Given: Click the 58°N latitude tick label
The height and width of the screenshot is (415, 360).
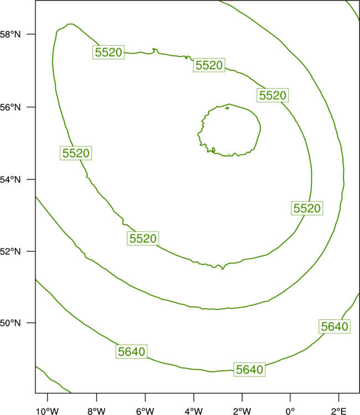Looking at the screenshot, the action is [10, 34].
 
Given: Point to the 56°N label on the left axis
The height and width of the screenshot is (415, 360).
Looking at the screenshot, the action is [10, 107].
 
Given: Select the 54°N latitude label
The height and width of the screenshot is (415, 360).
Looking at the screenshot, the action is [10, 180].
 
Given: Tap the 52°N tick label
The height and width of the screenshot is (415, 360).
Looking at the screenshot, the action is [10, 251].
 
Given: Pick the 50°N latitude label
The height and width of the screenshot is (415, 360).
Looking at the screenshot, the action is [10, 323].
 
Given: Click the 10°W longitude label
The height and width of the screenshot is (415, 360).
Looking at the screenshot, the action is [48, 411].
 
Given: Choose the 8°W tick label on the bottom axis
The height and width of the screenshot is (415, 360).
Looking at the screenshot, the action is [96, 411].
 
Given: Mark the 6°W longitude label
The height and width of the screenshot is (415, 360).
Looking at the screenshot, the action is [145, 411].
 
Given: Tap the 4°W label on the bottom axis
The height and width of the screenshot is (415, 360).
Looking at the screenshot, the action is [194, 411].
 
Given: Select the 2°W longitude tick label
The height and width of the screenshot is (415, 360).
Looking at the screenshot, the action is [242, 411].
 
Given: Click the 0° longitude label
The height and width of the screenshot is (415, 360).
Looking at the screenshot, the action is [290, 411].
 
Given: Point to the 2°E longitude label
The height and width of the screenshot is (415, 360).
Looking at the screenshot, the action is [338, 411].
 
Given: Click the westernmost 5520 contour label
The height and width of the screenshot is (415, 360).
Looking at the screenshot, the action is [76, 153].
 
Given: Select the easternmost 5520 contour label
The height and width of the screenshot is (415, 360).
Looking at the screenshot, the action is [307, 208].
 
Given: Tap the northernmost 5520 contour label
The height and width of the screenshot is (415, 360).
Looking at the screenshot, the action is [109, 52].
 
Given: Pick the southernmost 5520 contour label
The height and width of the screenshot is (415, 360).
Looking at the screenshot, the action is [143, 238].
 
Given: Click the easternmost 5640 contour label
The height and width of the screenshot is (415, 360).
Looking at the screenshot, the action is [335, 326].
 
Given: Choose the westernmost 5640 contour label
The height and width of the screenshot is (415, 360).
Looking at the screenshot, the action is [131, 351].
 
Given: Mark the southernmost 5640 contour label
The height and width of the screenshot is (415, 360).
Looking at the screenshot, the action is [249, 370].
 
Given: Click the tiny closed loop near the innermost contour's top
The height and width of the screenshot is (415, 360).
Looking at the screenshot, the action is [227, 108].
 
